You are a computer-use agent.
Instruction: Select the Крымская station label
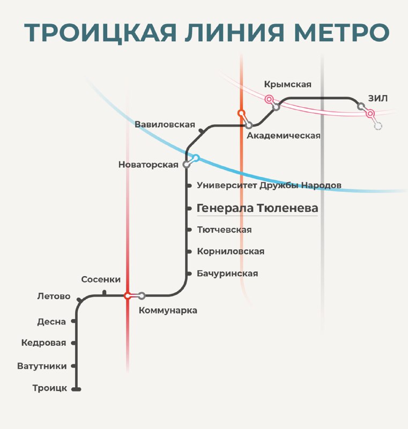coord(288,85)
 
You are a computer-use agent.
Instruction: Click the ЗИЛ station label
coord(377,98)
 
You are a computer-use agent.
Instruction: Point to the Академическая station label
coord(284,136)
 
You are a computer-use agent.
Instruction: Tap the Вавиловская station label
coord(165,124)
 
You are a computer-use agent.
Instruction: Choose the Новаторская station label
coord(148,165)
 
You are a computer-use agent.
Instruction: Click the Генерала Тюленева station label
coord(257,208)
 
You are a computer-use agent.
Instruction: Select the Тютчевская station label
coord(224,230)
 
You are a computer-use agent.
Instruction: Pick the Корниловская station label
coord(231,252)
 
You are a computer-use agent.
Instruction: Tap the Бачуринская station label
coord(227,273)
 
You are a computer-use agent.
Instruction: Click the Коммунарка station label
coord(168,310)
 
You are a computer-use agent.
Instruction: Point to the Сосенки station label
coord(101,279)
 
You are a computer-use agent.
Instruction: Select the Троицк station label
coord(50,388)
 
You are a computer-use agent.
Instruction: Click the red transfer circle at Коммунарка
coord(127,296)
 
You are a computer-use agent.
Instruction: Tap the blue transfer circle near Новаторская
coord(196,158)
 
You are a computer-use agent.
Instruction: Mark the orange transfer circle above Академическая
coord(241,113)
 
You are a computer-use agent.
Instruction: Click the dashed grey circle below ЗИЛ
coord(378,126)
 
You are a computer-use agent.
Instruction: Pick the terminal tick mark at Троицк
coord(76,389)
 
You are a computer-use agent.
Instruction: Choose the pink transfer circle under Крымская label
coord(269,99)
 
